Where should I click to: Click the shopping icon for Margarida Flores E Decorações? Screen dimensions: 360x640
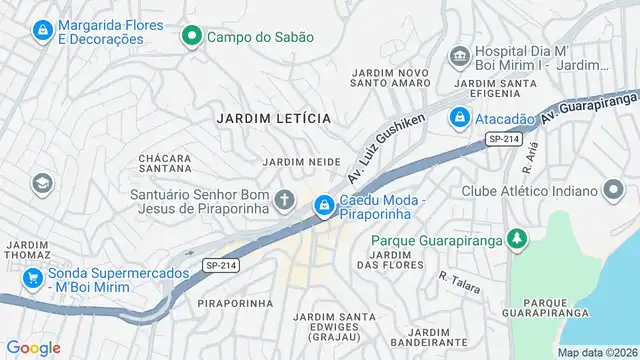tap(42, 31)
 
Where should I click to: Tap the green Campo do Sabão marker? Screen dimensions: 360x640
tap(191, 37)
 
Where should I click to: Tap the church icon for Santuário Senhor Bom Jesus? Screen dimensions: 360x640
tap(285, 200)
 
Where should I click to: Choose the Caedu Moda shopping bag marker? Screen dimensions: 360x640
tap(324, 207)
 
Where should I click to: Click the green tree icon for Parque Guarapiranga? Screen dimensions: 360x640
tap(516, 240)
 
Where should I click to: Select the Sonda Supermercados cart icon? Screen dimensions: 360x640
tap(33, 278)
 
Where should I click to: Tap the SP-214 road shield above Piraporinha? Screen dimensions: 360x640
tap(219, 265)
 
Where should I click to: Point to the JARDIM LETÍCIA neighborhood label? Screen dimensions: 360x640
tap(273, 118)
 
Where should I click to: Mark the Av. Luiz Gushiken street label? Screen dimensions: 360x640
tap(385, 147)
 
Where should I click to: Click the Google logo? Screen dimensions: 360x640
tap(33, 347)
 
